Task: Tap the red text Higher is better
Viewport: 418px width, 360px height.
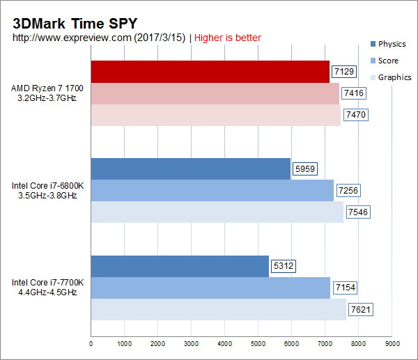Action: [228, 37]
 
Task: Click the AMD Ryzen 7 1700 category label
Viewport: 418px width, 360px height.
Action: [44, 93]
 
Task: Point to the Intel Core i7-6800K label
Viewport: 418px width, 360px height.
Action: [47, 191]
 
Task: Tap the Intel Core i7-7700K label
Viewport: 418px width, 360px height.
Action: [47, 288]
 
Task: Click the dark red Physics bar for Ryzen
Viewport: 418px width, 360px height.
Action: [210, 71]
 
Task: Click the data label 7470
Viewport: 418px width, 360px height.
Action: [356, 115]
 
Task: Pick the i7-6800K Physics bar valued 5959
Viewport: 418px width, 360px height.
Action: [190, 169]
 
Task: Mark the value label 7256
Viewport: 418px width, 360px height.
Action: [348, 190]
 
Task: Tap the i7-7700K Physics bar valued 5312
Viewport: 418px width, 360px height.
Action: [180, 266]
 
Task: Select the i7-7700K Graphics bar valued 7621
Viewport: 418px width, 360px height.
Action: [218, 309]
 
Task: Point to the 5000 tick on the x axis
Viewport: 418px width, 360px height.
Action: [258, 343]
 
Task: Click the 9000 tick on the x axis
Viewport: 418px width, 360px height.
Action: [392, 343]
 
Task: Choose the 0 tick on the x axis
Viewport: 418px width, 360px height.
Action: [91, 343]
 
